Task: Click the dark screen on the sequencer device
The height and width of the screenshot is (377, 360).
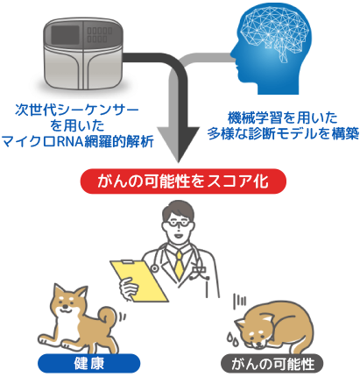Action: (x=65, y=34)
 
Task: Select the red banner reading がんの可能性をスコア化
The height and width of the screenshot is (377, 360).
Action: (x=183, y=181)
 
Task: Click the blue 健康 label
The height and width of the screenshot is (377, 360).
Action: (x=89, y=363)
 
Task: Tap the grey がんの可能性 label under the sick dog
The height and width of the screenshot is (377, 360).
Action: (x=272, y=364)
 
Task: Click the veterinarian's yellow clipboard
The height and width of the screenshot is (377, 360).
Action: (x=139, y=281)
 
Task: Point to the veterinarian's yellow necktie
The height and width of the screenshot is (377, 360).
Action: (x=179, y=264)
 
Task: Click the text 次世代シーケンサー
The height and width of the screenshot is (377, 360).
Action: (x=77, y=110)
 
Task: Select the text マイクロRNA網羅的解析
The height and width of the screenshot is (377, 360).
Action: (x=77, y=142)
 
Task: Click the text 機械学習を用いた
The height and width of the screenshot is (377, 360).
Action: (x=283, y=118)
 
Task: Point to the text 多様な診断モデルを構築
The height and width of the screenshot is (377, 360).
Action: (x=283, y=134)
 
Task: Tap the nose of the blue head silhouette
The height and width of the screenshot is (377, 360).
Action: (x=233, y=53)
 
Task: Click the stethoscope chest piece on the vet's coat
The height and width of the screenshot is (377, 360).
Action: (x=153, y=267)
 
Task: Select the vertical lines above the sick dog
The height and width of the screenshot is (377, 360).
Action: (x=239, y=301)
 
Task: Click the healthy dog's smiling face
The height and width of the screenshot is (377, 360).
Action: (x=66, y=304)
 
